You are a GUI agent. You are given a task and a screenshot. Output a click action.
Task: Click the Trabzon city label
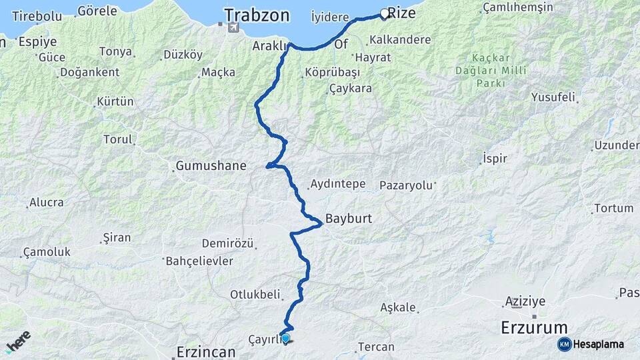(x=257, y=15)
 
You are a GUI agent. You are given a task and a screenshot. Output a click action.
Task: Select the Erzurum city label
(x=534, y=328)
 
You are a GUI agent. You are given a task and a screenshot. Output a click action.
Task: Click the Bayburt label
(x=349, y=218)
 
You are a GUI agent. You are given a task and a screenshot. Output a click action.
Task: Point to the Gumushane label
(x=211, y=166)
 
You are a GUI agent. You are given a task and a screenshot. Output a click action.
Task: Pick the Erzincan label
(x=206, y=351)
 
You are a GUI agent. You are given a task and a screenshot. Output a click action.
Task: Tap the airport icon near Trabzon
(x=232, y=27)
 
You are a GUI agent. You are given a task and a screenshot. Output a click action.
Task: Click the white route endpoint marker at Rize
(x=385, y=13)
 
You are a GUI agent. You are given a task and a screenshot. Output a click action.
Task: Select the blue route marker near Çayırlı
(x=285, y=338)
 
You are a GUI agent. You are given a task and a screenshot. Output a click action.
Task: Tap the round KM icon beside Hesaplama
(x=564, y=344)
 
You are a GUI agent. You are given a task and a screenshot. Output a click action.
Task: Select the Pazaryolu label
(x=407, y=185)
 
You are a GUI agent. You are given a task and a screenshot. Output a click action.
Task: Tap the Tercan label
(x=376, y=347)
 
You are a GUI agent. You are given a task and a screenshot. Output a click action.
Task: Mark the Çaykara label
(x=351, y=88)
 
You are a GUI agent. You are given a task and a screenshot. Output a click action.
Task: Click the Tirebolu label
(x=37, y=15)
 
